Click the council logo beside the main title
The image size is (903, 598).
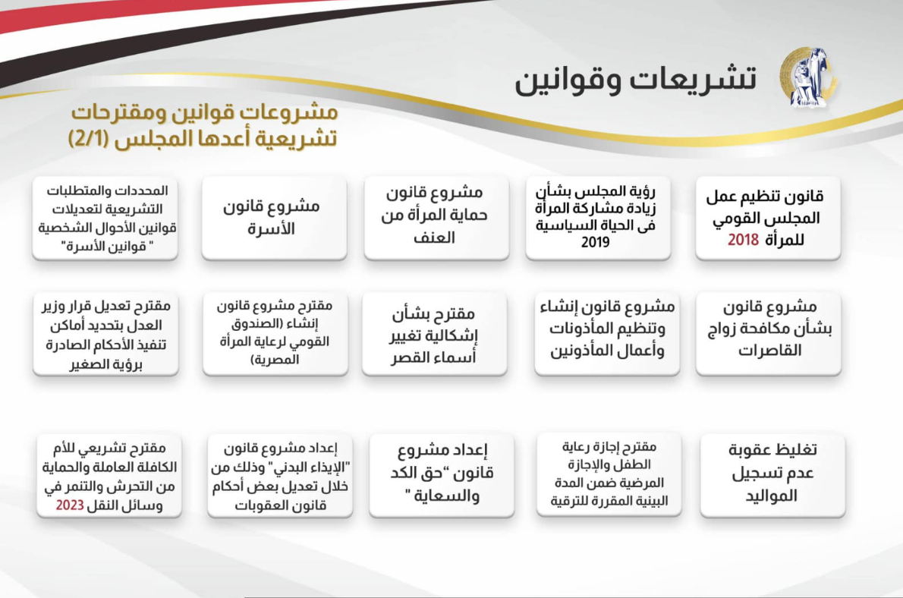(x=809, y=77)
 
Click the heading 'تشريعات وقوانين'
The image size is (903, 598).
(x=636, y=80)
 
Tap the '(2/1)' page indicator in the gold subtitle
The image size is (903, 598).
(x=88, y=139)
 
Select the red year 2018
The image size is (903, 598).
(x=743, y=240)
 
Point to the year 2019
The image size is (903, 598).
(x=596, y=242)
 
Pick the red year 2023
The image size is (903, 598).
(x=70, y=506)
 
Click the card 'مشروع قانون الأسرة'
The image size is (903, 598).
(x=274, y=218)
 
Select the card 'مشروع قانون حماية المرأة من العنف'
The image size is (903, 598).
(x=436, y=218)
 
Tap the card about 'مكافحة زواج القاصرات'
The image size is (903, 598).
(x=768, y=334)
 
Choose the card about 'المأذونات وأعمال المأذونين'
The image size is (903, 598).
(x=607, y=334)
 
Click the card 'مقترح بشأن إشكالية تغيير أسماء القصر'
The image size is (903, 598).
(x=435, y=334)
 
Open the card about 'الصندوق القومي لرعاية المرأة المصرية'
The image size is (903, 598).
(x=275, y=334)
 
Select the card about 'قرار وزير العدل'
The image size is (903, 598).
(x=106, y=334)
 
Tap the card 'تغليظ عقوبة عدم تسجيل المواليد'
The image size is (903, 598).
(x=772, y=475)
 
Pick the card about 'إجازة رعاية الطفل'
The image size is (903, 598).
(x=609, y=474)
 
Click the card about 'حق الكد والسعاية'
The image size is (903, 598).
(x=442, y=475)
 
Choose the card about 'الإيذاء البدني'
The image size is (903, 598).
(x=280, y=475)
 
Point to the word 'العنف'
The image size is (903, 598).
(x=434, y=238)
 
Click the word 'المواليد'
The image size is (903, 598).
(x=771, y=496)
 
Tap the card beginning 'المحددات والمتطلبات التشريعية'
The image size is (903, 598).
(x=105, y=218)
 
